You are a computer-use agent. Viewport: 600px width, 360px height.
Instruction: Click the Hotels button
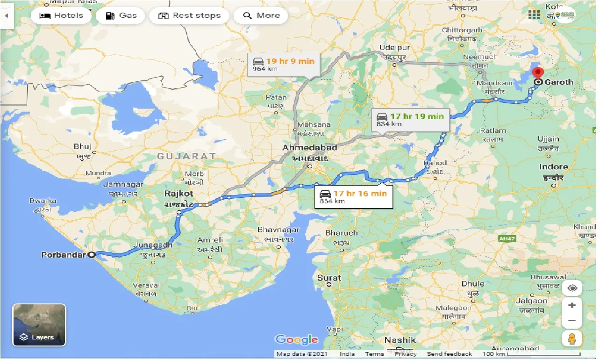coord(61,15)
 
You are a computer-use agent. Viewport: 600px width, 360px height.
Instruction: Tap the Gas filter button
coord(121,15)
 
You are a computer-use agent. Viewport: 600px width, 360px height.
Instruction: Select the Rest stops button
coord(189,15)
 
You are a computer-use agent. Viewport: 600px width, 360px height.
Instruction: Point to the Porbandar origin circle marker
coord(92,255)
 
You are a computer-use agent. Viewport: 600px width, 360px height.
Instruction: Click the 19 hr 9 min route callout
coord(284,64)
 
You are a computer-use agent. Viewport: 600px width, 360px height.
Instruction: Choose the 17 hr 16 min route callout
coord(353,196)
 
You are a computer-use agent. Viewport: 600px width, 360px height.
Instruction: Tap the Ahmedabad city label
coord(309,147)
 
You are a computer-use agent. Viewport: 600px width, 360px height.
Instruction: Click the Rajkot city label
coord(179,194)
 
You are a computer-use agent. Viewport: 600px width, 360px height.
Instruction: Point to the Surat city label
coord(329,278)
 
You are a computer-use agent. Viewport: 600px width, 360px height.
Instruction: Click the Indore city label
coord(553,167)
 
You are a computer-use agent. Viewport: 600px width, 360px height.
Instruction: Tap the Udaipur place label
coord(394,48)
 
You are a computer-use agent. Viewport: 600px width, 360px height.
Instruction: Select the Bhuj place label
coord(83,147)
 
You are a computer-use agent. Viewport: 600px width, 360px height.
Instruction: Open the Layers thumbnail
coord(39,325)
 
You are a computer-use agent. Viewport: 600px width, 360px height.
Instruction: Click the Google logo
coord(296,339)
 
